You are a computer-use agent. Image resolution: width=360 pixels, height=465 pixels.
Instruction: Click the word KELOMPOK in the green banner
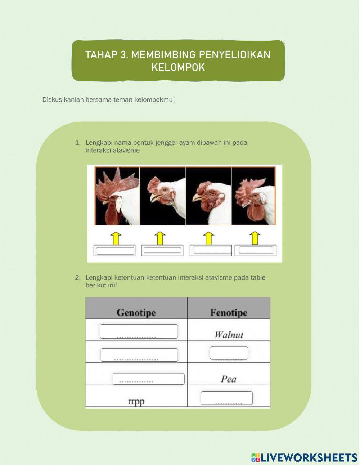click(178, 67)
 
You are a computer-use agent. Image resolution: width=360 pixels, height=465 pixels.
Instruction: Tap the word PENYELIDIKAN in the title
click(235, 54)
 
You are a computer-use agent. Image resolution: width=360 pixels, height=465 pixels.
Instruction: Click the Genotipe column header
click(136, 313)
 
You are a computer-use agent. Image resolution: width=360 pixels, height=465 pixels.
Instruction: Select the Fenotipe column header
click(229, 313)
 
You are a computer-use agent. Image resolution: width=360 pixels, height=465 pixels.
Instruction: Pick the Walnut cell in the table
click(229, 335)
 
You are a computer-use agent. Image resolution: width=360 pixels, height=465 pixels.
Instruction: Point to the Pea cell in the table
click(229, 379)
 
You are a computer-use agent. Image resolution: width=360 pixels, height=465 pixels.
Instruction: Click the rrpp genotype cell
click(136, 401)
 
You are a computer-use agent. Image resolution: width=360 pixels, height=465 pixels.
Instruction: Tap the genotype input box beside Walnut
click(139, 331)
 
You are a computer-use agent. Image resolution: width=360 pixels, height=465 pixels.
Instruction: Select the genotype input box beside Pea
click(148, 379)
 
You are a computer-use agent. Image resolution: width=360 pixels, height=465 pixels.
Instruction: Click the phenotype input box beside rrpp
click(226, 398)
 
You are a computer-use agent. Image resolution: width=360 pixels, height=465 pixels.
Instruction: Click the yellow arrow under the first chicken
click(116, 238)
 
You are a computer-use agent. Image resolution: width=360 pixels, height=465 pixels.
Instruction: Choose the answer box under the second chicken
click(162, 250)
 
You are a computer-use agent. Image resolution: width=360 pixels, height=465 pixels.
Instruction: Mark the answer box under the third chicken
click(211, 250)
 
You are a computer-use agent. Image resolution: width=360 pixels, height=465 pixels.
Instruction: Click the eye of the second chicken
click(165, 189)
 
